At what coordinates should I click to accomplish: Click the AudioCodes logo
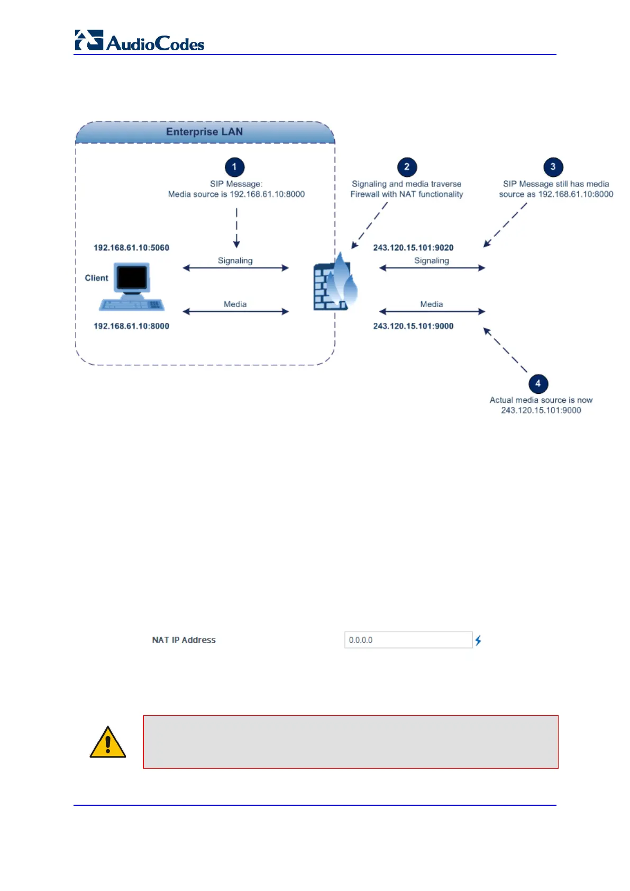(140, 41)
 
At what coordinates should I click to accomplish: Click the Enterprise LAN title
(204, 132)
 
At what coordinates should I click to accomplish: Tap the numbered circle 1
(234, 167)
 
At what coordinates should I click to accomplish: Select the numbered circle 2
(407, 167)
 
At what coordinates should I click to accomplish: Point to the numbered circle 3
(553, 167)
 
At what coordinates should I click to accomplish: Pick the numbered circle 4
(538, 383)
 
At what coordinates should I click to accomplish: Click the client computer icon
(132, 286)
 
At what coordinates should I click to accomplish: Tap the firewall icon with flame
(335, 282)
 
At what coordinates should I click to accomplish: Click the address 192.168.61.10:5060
(131, 248)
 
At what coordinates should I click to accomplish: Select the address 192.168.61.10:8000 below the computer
(131, 326)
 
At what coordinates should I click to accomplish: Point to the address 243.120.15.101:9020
(413, 248)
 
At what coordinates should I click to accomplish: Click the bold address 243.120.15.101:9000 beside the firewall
(413, 326)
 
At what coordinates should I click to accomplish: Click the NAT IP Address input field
(408, 640)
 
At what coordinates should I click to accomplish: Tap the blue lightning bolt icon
(478, 641)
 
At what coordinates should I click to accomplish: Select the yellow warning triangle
(108, 742)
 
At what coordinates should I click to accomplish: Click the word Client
(96, 278)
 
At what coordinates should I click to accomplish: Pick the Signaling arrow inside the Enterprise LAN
(236, 268)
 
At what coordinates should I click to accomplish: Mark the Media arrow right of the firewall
(432, 311)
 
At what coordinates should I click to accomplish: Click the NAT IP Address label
(184, 640)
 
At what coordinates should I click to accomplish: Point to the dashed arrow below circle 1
(236, 228)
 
